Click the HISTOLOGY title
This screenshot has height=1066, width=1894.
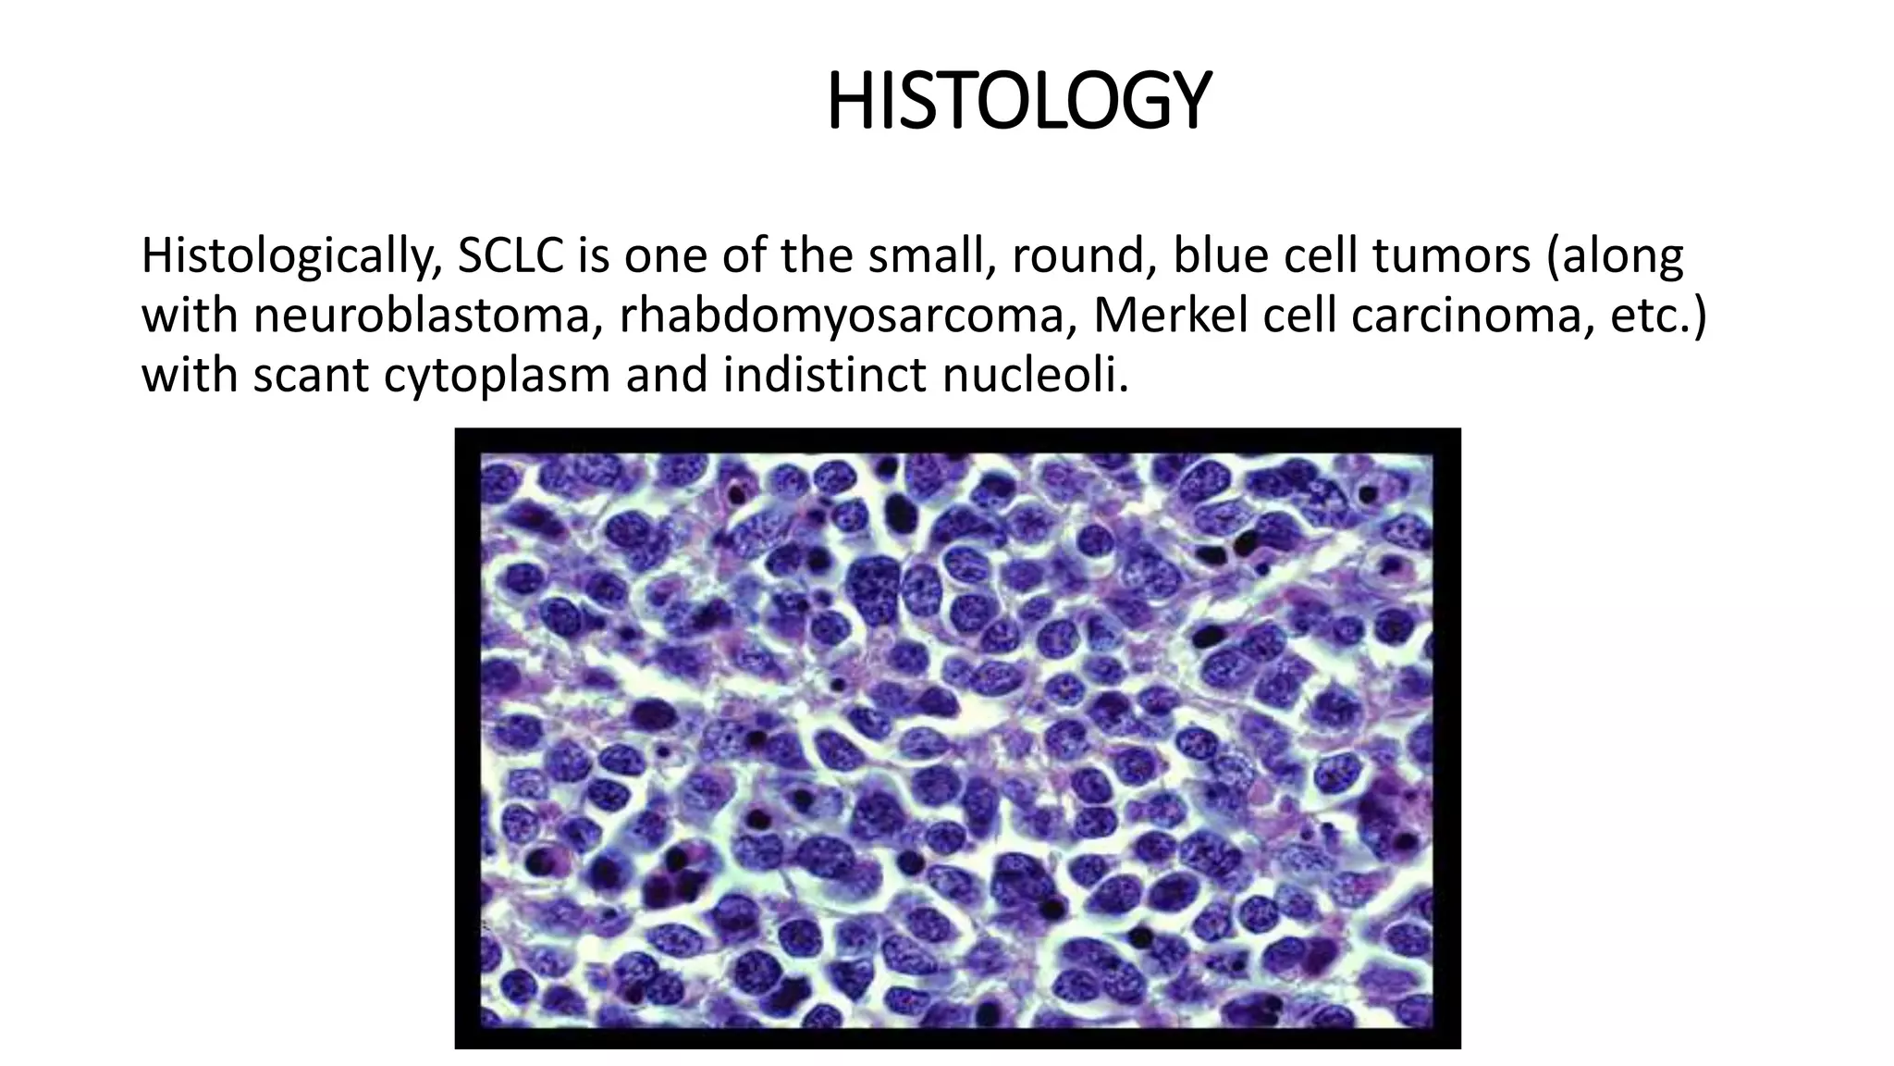[1017, 102]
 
